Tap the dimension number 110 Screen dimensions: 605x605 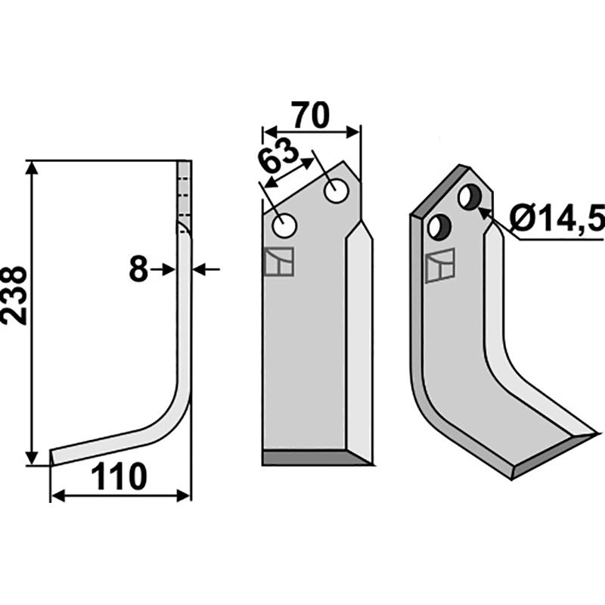[x=119, y=477]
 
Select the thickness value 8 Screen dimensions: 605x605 [x=138, y=269]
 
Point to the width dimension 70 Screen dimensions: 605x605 [x=311, y=115]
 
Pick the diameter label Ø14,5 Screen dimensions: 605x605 [x=557, y=217]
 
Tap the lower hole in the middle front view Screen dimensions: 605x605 [x=284, y=225]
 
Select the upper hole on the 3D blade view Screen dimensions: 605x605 [x=470, y=197]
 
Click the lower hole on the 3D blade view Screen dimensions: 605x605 [x=439, y=226]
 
